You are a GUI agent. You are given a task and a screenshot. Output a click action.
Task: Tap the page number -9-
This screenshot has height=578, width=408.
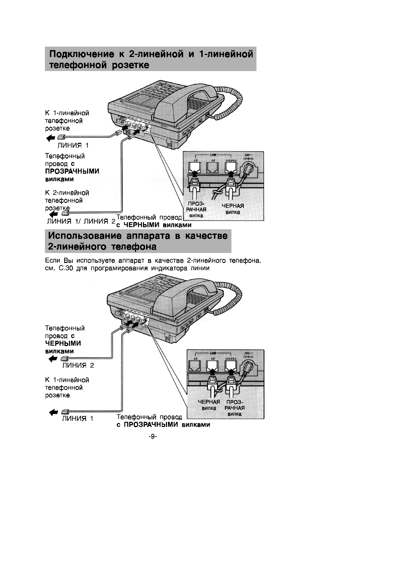(153, 437)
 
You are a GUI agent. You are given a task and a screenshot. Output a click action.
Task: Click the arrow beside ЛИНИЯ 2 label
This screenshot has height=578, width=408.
(53, 359)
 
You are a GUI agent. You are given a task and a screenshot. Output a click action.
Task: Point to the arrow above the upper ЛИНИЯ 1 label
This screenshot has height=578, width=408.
(50, 138)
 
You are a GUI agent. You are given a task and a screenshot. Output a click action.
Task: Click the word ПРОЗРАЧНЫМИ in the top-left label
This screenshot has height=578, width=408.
(72, 171)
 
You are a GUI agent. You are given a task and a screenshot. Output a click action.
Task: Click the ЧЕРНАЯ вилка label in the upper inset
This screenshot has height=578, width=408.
(233, 209)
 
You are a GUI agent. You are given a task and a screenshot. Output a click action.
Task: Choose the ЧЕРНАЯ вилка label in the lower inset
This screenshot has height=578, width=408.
(209, 405)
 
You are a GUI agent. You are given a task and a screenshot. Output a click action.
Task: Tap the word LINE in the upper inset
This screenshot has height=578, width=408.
(213, 155)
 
